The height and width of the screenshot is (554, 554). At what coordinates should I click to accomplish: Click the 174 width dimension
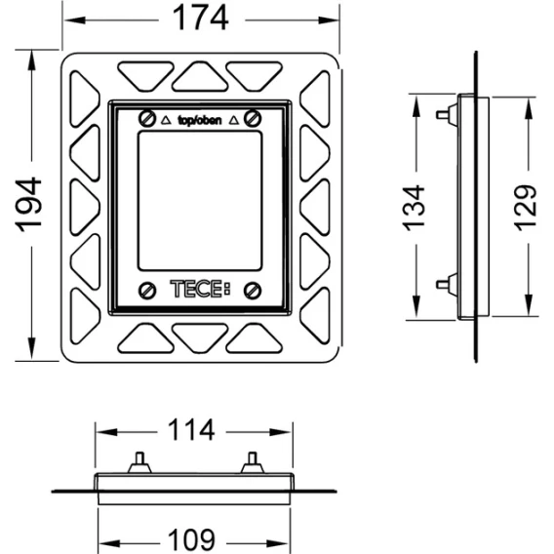[x=200, y=18]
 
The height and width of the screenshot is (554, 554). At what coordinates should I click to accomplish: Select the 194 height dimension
[x=29, y=205]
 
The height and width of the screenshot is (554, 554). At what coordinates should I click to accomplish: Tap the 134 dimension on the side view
[x=414, y=208]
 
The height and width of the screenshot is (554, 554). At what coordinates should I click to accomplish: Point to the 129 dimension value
[x=525, y=208]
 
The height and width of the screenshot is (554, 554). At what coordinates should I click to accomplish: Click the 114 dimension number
[x=191, y=429]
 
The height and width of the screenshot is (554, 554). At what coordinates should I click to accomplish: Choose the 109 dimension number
[x=191, y=539]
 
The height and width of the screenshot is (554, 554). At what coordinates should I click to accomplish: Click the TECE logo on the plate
[x=200, y=289]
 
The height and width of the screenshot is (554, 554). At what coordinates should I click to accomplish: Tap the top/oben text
[x=200, y=121]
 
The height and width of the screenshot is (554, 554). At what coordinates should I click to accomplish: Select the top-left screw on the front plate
[x=147, y=119]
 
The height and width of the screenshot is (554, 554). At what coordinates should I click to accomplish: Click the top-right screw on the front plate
[x=253, y=118]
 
